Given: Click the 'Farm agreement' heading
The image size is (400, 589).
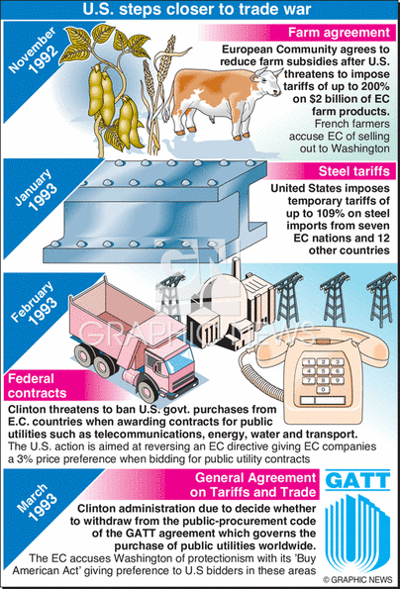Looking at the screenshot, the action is tap(339, 33).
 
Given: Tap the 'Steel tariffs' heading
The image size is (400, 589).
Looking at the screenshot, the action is tap(354, 171).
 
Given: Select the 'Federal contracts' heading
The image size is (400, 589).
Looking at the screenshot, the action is tap(37, 386).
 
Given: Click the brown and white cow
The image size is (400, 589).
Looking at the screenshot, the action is tap(224, 101).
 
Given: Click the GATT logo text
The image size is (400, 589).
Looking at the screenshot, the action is tap(357, 480).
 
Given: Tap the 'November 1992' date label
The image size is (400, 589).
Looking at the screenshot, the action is tap(34, 51).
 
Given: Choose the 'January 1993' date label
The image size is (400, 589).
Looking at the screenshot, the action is tap(36, 190).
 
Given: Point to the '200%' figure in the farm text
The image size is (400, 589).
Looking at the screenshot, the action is tap(374, 86).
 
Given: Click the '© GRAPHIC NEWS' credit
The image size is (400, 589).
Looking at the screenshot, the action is tap(357, 580).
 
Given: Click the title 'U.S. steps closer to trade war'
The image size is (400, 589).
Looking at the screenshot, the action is tap(196, 9).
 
